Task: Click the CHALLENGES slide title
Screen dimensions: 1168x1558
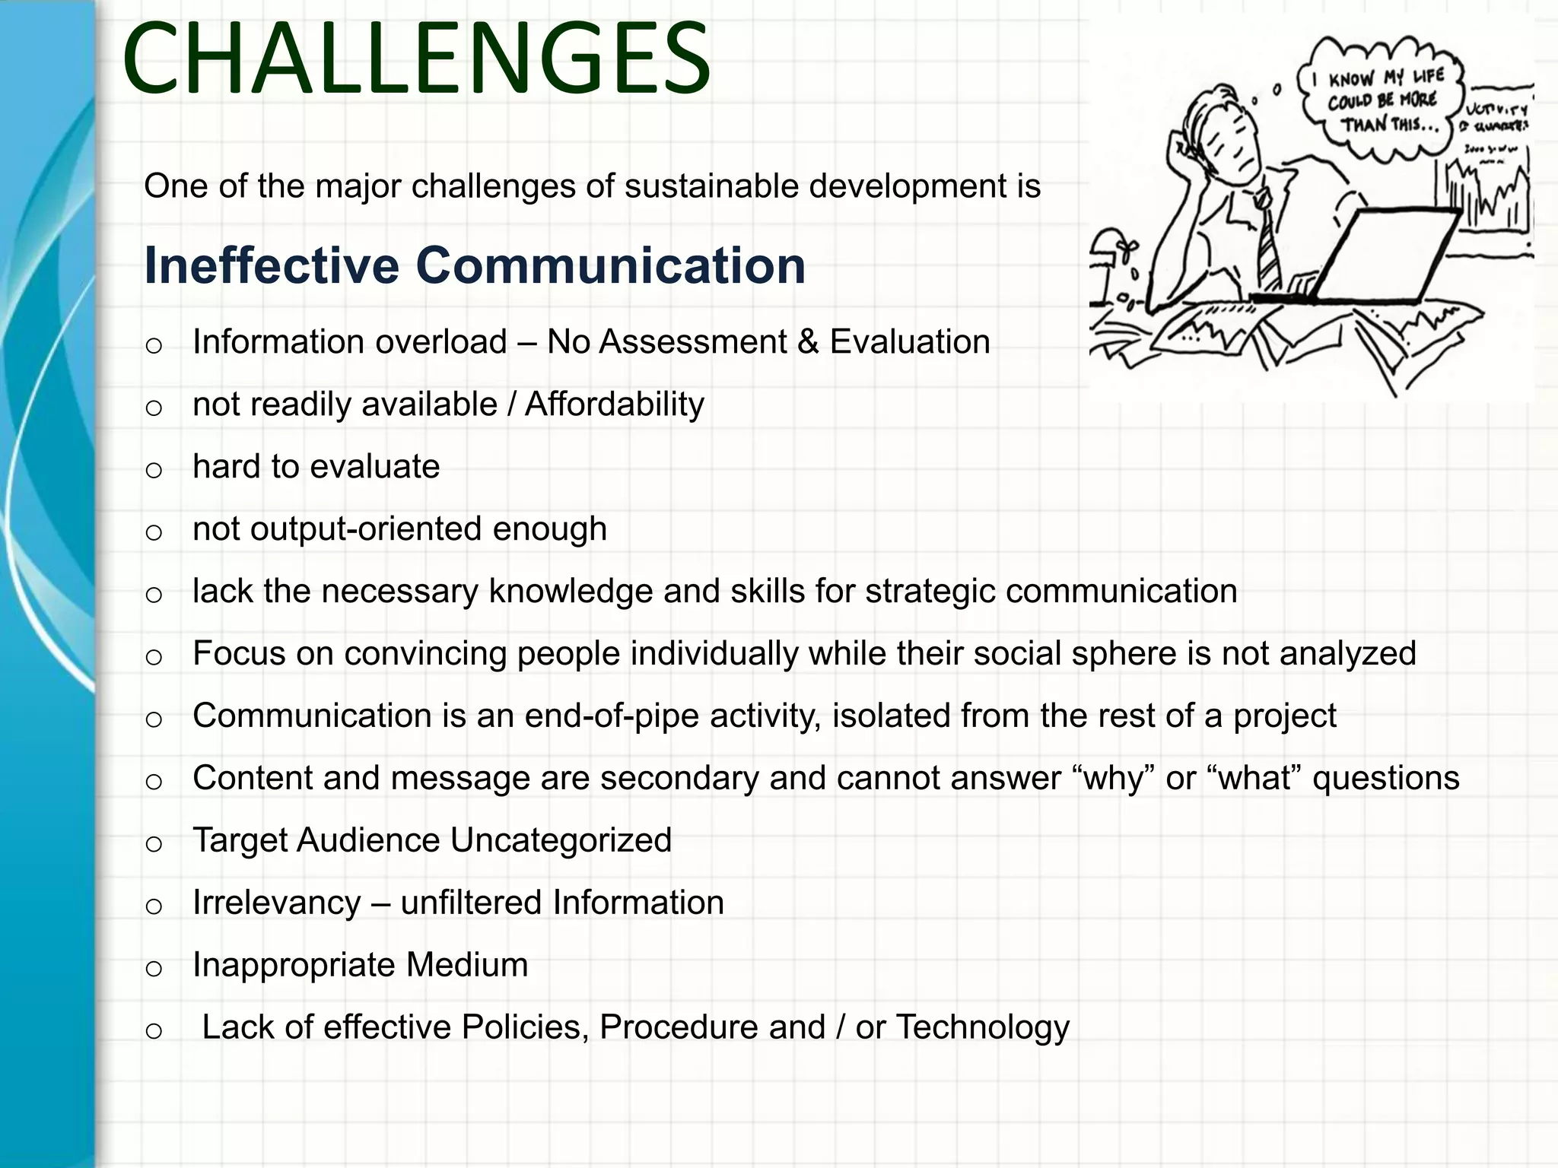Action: tap(416, 59)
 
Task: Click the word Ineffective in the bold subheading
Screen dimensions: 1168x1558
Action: tap(272, 266)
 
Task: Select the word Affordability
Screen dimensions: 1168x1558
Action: tap(614, 405)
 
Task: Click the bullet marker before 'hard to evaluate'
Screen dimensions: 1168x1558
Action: tap(154, 470)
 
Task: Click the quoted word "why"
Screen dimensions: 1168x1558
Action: tap(1114, 779)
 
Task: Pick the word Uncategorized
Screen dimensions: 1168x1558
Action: tap(561, 841)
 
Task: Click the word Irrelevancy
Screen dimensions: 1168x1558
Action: tap(276, 903)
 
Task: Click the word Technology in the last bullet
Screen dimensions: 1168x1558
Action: tap(982, 1028)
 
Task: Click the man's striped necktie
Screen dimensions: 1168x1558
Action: tap(1267, 243)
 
